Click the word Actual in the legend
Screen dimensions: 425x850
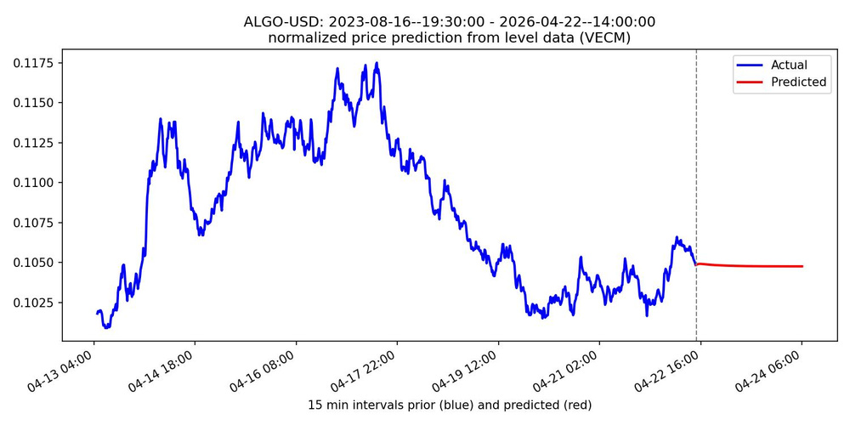pyautogui.click(x=789, y=65)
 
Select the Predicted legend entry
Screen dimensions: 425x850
pyautogui.click(x=798, y=82)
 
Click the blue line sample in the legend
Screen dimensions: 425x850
pyautogui.click(x=751, y=65)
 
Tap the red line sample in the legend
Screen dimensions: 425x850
pyautogui.click(x=751, y=82)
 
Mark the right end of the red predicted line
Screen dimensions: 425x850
pyautogui.click(x=802, y=266)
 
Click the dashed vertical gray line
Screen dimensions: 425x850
pyautogui.click(x=696, y=170)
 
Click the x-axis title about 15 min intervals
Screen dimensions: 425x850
pyautogui.click(x=450, y=405)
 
